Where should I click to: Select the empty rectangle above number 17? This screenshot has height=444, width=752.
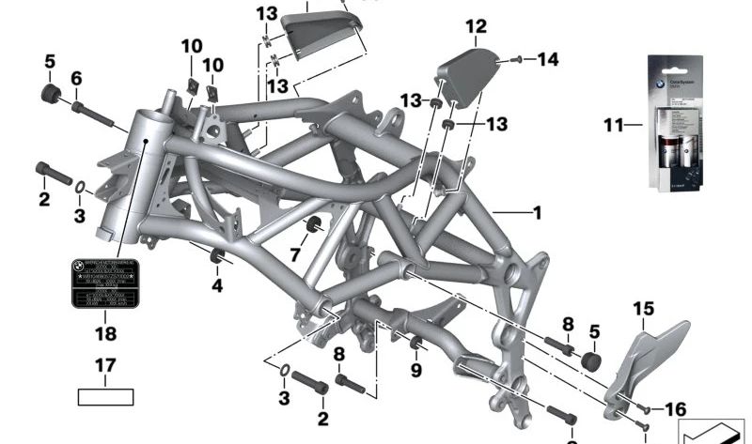coord(105,396)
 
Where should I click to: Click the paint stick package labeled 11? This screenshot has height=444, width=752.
coord(678,122)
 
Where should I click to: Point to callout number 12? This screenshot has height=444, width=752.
coord(476,26)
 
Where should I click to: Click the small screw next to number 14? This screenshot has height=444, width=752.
coord(517,60)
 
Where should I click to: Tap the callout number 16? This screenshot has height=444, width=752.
coord(675,409)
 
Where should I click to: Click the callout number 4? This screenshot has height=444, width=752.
coord(217,285)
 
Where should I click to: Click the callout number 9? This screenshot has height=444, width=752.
coord(416,370)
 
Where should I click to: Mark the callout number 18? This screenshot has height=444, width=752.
coord(105,333)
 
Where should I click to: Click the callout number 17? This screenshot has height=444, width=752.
coord(105,365)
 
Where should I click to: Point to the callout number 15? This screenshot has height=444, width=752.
coord(643,308)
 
